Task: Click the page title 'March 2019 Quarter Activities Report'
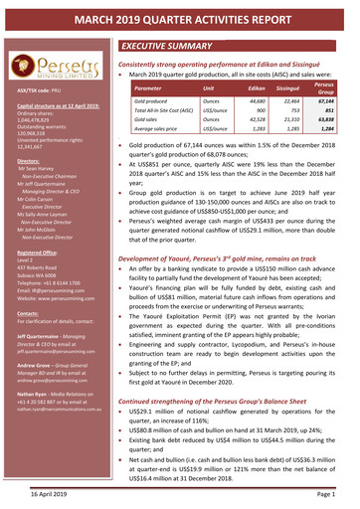180,17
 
